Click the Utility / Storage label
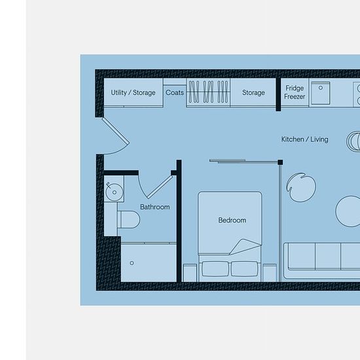point(133,92)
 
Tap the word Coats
point(175,92)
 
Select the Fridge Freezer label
point(295,92)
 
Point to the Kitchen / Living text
point(304,139)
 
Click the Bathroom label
point(155,207)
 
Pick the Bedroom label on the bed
point(232,220)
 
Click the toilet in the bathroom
point(128,219)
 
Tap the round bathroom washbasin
point(115,192)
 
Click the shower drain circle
point(132,263)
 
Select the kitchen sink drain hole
point(321,88)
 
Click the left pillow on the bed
point(215,268)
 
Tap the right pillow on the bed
point(244,268)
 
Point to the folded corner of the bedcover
point(245,247)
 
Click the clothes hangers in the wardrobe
point(208,92)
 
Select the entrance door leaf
point(116,130)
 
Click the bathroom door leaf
point(160,187)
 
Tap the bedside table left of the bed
point(190,273)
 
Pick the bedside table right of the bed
point(270,273)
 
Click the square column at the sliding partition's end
point(280,162)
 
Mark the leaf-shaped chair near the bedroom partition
point(301,187)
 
